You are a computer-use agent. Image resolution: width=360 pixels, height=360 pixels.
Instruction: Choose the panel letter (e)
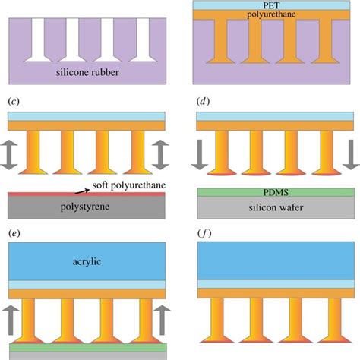click(13, 235)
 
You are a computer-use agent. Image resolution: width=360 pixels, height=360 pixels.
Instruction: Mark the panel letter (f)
click(205, 235)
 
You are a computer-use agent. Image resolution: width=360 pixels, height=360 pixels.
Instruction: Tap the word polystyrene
click(84, 205)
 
